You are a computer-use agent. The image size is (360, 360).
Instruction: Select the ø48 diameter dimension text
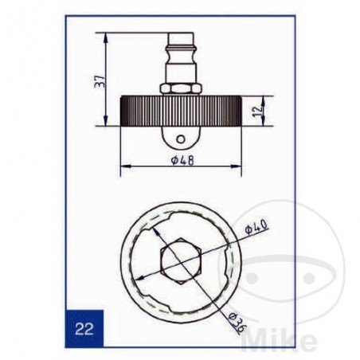coord(181,160)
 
